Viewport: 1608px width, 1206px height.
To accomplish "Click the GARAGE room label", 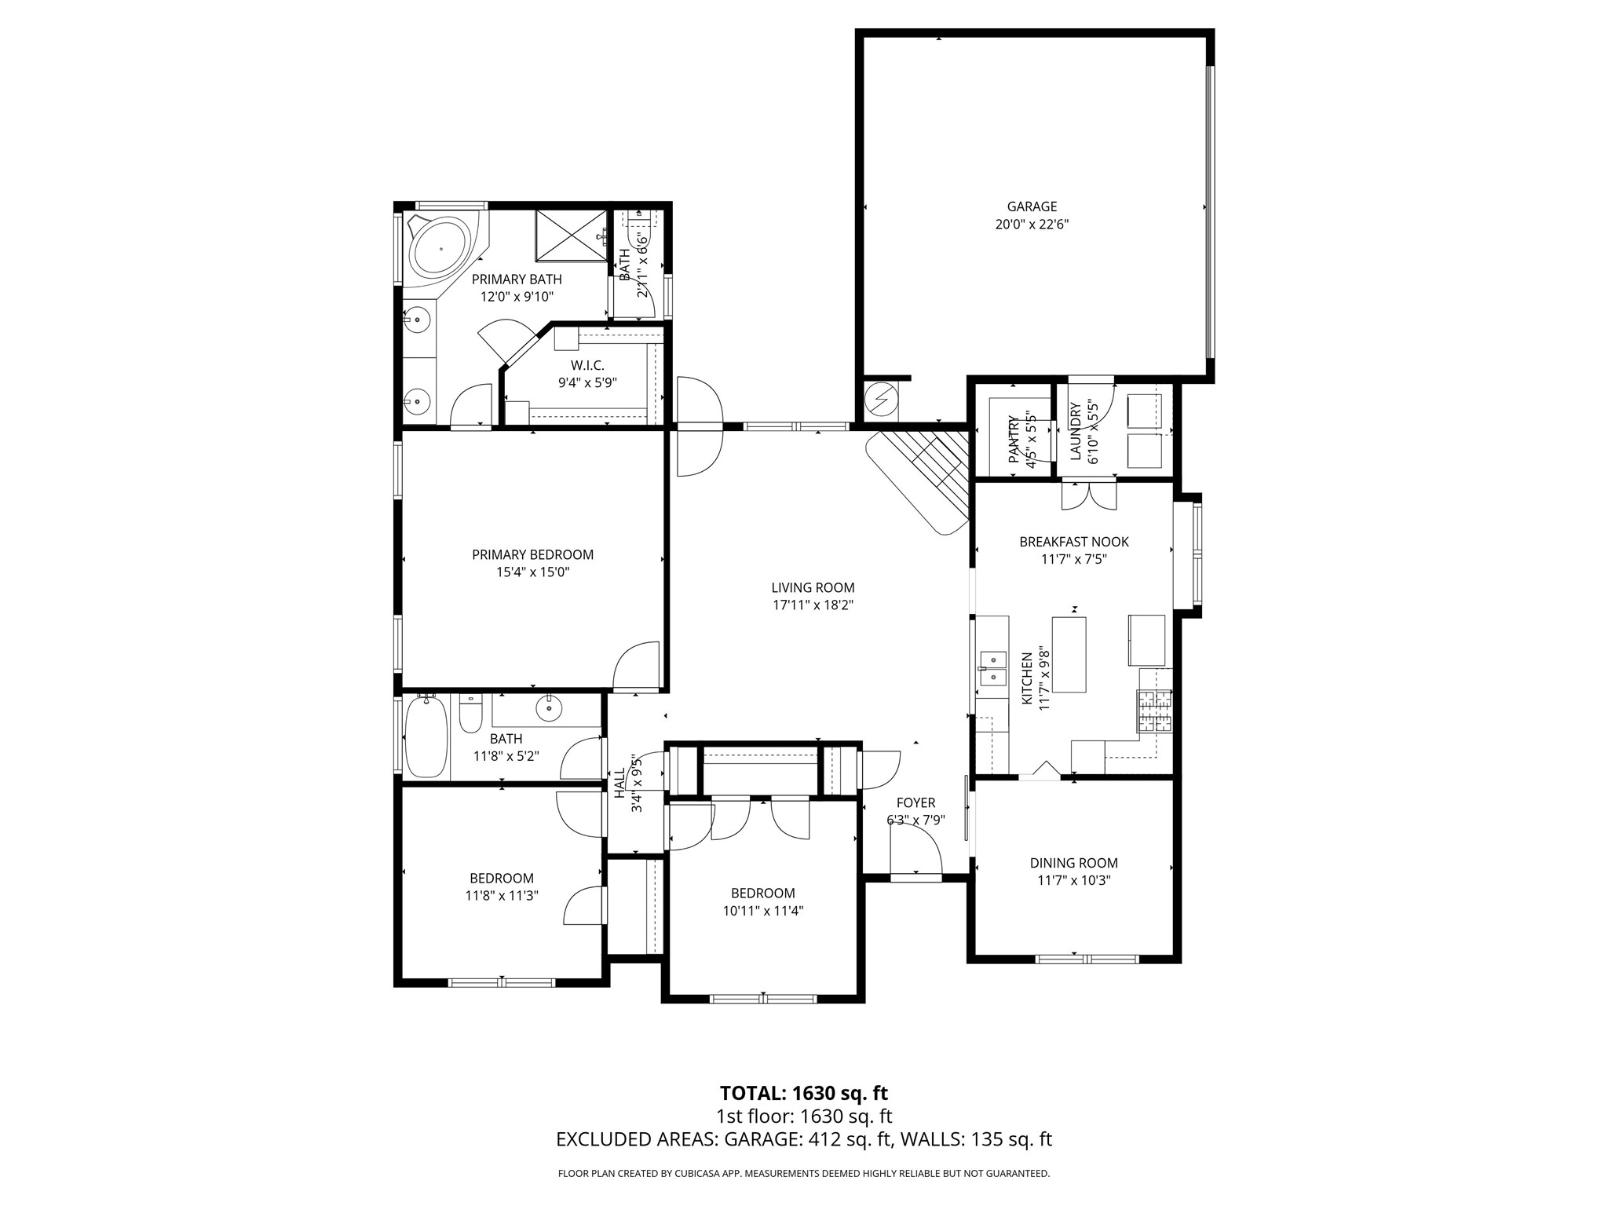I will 1032,206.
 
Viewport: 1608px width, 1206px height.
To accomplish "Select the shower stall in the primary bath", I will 571,235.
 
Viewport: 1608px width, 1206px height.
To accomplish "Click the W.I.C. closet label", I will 587,366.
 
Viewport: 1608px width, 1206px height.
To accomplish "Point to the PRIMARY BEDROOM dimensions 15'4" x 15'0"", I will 532,572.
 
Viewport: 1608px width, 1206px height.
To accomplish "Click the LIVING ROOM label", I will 813,587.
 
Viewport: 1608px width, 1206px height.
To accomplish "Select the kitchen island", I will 1069,654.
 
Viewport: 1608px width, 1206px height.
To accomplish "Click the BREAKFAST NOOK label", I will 1073,542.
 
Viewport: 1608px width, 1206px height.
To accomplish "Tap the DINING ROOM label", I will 1073,863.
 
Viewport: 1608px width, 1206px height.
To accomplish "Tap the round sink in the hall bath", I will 549,709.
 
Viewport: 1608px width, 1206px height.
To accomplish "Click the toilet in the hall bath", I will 471,714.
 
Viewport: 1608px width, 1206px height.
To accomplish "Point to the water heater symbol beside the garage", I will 881,401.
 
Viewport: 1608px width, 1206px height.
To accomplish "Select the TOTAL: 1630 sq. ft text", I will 803,1093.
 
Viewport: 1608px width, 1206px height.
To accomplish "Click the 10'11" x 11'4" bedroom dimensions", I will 762,911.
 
